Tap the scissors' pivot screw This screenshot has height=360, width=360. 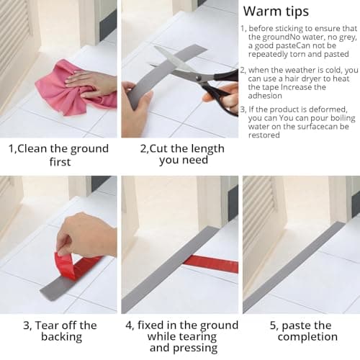click(198, 78)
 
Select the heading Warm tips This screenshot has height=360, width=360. click(276, 12)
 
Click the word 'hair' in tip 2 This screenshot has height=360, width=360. click(290, 78)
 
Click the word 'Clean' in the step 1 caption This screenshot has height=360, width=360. click(32, 148)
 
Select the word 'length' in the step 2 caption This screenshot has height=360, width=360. click(206, 149)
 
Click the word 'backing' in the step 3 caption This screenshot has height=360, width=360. click(62, 337)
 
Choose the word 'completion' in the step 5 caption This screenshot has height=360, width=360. click(307, 337)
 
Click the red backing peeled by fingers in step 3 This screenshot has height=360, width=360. click(77, 265)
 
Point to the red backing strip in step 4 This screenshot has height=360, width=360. click(211, 264)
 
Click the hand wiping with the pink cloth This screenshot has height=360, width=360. click(92, 85)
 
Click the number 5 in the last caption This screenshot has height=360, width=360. click(273, 325)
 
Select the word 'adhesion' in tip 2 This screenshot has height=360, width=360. click(265, 96)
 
